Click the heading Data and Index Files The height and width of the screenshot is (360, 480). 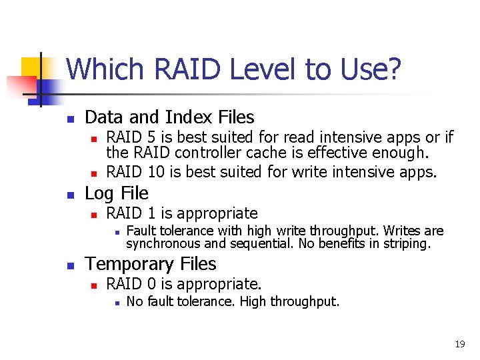(169, 117)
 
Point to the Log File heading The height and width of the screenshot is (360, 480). (117, 193)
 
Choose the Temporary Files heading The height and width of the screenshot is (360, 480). (151, 264)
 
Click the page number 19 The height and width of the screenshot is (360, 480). (459, 344)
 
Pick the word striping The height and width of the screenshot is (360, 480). (409, 243)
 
